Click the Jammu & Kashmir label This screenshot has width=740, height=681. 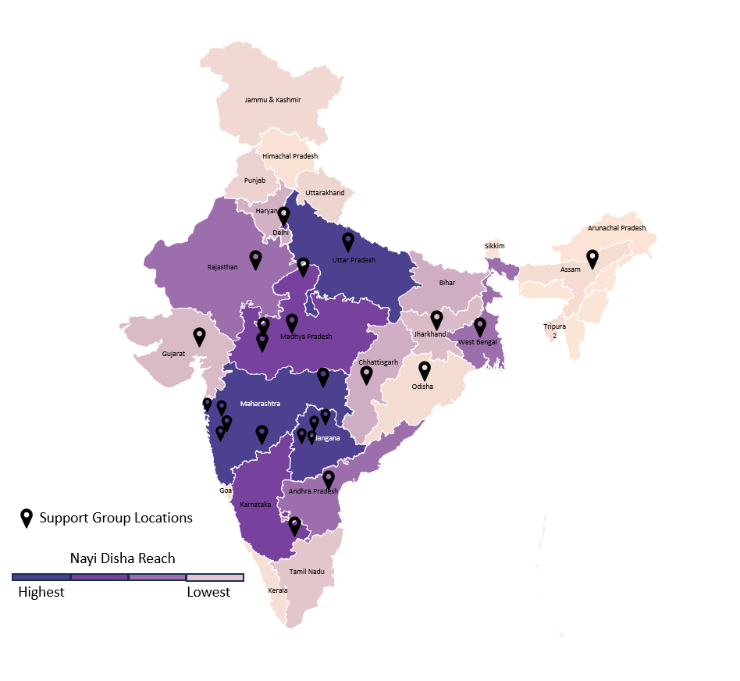272,100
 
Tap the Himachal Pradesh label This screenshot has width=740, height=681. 290,156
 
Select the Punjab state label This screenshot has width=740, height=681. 254,180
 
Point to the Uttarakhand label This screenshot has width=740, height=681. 325,193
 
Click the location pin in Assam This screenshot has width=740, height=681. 592,258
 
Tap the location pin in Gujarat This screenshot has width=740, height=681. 199,336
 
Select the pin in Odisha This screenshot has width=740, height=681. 425,370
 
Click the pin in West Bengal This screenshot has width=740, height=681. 480,326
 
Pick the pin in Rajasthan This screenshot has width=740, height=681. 255,259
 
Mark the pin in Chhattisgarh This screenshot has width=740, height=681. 366,375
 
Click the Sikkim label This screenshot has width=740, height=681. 494,246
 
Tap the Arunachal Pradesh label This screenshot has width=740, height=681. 617,228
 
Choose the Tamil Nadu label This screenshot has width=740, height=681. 307,572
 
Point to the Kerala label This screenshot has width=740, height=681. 278,590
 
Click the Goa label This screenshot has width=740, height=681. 226,490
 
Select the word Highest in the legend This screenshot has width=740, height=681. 41,592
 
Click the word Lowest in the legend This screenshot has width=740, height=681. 208,592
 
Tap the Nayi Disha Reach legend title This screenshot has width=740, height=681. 123,558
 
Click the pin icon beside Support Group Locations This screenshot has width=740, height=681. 27,518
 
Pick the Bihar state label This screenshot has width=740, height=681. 446,283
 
